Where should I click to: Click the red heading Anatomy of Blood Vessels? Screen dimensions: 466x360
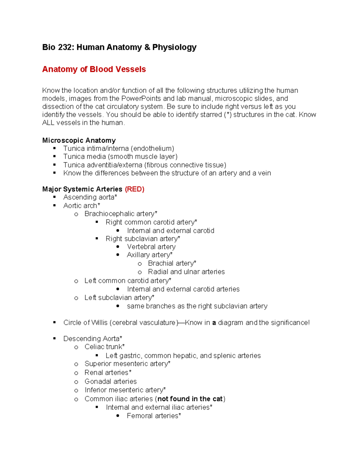[x=94, y=69]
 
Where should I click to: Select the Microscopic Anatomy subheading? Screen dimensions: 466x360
[x=79, y=140]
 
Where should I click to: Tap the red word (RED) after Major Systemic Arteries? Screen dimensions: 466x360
[x=135, y=189]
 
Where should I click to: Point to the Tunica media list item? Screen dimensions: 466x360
[x=120, y=157]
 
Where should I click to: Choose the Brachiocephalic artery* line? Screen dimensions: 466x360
[x=121, y=214]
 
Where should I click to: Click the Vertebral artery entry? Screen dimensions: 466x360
[x=151, y=247]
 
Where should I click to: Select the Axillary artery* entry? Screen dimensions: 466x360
[x=149, y=255]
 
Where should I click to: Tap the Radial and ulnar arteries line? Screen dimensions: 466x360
[x=186, y=272]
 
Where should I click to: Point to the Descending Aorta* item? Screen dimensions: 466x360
[x=92, y=339]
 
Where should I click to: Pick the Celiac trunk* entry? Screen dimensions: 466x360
[x=104, y=347]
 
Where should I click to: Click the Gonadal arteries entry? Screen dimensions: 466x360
[x=110, y=381]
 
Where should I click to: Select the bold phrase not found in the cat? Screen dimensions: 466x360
[x=190, y=399]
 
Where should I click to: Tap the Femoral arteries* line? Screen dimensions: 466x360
[x=154, y=416]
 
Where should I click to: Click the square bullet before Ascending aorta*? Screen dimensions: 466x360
[x=55, y=197]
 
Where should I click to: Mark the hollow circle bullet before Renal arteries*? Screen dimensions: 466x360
[x=76, y=373]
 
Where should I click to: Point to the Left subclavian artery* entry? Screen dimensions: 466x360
[x=119, y=298]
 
